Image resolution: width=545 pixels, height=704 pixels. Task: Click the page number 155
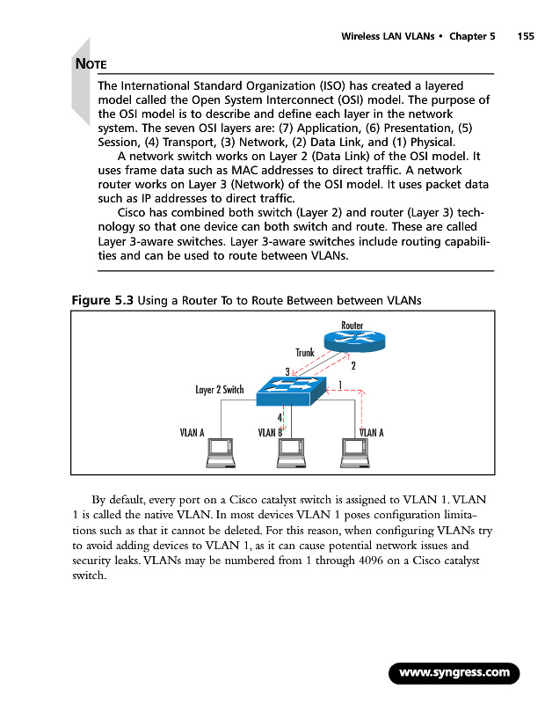[526, 37]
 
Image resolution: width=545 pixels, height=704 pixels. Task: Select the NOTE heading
[91, 64]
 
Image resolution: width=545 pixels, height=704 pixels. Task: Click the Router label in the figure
[352, 326]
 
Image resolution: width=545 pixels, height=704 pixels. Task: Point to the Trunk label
[304, 353]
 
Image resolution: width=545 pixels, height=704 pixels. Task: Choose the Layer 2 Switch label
[220, 389]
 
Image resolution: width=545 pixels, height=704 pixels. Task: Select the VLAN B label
[269, 432]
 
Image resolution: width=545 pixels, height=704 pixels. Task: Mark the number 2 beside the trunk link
[352, 365]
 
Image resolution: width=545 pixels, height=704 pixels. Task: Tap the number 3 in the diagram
[287, 371]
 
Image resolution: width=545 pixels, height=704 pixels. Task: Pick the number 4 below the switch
[280, 416]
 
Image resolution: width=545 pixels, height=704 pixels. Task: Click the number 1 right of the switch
[339, 383]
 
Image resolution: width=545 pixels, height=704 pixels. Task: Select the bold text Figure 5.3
[101, 300]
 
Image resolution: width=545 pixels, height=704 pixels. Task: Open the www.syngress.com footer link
[454, 673]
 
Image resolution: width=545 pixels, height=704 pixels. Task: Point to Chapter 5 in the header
[472, 37]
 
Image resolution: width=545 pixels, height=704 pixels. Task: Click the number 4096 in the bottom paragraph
[374, 562]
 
